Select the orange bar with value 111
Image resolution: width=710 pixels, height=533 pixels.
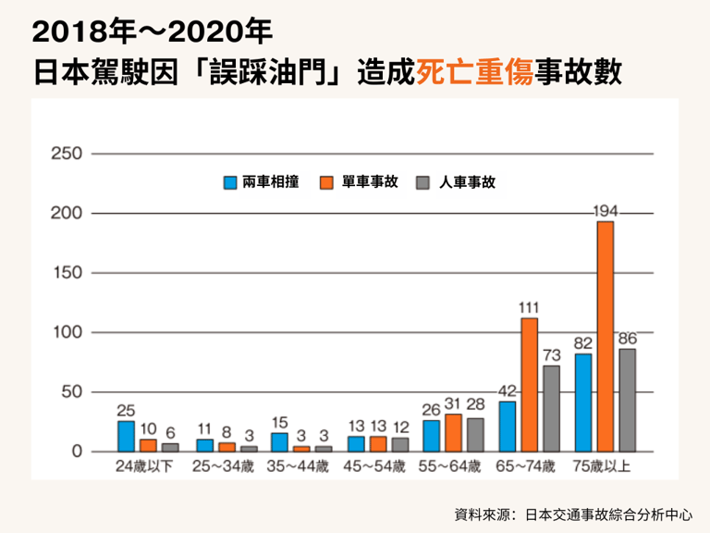pyautogui.click(x=530, y=384)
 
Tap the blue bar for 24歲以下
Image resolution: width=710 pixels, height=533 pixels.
pyautogui.click(x=126, y=436)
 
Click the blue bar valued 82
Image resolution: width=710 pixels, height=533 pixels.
pyautogui.click(x=583, y=402)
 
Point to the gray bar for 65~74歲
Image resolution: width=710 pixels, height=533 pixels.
pyautogui.click(x=552, y=408)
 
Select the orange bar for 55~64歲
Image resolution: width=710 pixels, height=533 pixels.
pyautogui.click(x=454, y=432)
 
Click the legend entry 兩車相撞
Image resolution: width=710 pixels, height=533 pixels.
pyautogui.click(x=269, y=182)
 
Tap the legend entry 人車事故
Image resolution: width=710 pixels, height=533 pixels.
pyautogui.click(x=467, y=182)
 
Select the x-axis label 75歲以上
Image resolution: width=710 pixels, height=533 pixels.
pyautogui.click(x=602, y=466)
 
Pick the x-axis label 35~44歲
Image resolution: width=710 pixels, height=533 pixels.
pyautogui.click(x=298, y=466)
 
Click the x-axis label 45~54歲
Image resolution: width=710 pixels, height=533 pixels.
pyautogui.click(x=374, y=466)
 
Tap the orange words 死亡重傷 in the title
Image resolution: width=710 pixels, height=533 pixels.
pyautogui.click(x=474, y=71)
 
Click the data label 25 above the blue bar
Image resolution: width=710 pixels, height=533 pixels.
pyautogui.click(x=126, y=409)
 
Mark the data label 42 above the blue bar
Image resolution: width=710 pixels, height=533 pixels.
pyautogui.click(x=507, y=390)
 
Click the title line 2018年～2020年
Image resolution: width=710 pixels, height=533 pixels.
pyautogui.click(x=152, y=31)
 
